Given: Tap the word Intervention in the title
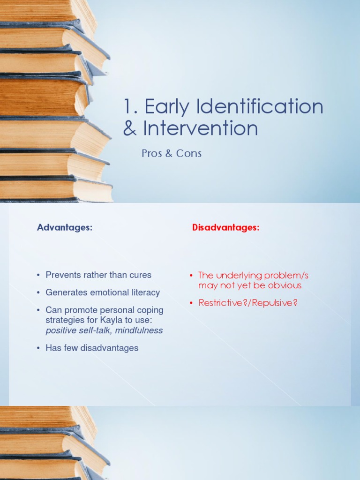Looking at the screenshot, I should [201, 128].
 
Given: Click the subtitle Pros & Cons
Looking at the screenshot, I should [172, 153].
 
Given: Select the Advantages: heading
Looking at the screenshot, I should [65, 227].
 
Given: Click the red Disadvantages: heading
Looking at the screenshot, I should [225, 227].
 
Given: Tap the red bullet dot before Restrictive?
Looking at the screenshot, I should [191, 303].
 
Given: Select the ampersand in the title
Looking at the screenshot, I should [129, 128].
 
